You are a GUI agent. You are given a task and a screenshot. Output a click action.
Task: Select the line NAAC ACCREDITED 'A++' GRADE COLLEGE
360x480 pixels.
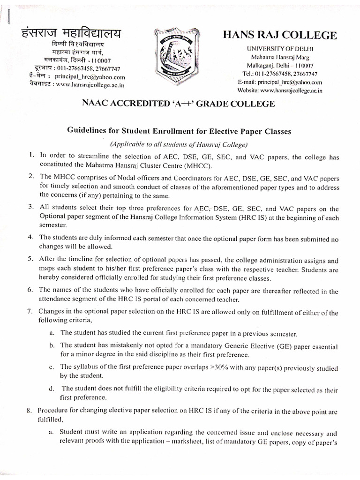(x=180, y=103)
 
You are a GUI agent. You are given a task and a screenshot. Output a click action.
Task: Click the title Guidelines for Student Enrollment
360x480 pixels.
(x=180, y=132)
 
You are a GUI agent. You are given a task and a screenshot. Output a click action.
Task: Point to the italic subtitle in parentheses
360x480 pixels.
(x=180, y=144)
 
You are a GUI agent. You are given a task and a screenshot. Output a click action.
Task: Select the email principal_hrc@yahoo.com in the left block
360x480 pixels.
(x=90, y=77)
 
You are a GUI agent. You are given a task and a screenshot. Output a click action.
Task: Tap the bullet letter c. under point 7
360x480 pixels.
(x=51, y=367)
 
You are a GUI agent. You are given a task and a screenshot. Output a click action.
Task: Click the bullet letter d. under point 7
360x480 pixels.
(x=51, y=389)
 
